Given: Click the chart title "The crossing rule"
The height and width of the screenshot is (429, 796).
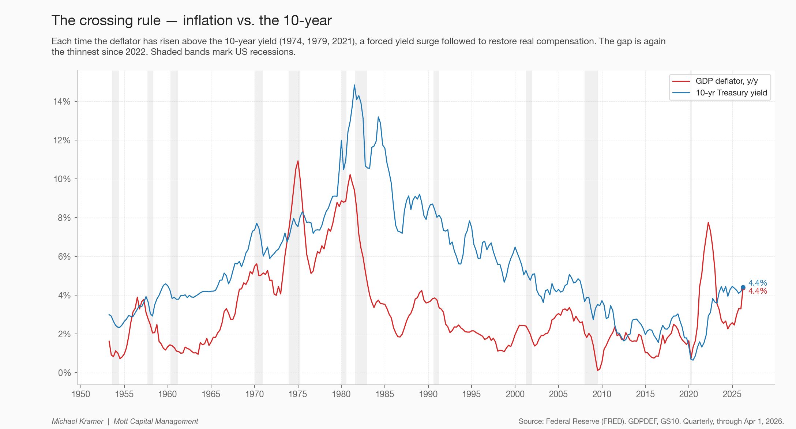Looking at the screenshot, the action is tap(106, 20).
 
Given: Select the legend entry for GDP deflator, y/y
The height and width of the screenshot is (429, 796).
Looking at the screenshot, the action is tap(719, 81).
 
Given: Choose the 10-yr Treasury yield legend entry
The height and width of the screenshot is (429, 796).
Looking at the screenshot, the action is tap(720, 93).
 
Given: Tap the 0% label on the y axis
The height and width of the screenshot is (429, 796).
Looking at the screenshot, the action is tap(64, 373).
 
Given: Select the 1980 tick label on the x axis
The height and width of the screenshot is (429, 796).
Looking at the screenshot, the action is tap(341, 394).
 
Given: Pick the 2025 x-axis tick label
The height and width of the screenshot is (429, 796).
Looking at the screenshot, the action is tap(732, 394).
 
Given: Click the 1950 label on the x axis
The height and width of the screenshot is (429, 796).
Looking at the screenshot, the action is tap(81, 394).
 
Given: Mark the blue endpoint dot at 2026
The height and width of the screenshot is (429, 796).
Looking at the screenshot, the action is tap(743, 287).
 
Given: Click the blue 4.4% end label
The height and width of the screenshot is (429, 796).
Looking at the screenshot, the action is tap(758, 283).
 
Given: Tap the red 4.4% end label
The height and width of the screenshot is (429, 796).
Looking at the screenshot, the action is tap(758, 291).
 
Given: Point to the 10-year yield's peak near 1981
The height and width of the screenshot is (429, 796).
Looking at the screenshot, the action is tap(354, 85).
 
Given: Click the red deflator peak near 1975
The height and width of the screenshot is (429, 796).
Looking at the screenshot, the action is tap(298, 161).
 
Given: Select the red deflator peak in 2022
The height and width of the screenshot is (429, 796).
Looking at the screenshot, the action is tap(708, 222).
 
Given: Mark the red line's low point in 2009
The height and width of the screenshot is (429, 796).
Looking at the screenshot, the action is tap(597, 370).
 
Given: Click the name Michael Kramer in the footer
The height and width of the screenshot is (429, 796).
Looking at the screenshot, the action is tap(78, 421).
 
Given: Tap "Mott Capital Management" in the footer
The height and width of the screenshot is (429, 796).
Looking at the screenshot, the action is tap(156, 421).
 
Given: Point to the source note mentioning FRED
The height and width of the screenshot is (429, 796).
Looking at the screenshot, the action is tap(651, 421).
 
